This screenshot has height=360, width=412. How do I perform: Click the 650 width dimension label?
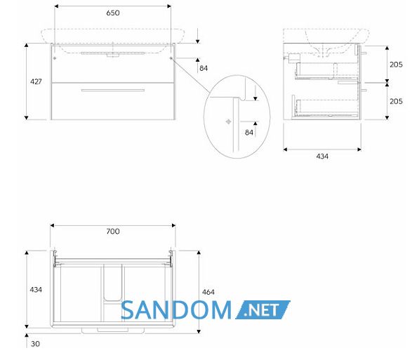[x=113, y=13]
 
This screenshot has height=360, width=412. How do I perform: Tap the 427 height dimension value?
[x=36, y=81]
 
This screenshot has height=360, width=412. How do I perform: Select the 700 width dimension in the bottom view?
[x=113, y=232]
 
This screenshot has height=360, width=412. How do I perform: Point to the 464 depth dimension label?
[x=208, y=292]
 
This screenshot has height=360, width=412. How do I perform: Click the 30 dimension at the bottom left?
[x=36, y=344]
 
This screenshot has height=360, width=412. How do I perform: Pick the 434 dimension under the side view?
[x=322, y=156]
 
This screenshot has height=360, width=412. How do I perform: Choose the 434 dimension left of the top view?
[x=36, y=290]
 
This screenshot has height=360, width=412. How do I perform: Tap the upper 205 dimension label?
[x=396, y=65]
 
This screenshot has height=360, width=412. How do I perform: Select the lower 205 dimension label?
[x=396, y=101]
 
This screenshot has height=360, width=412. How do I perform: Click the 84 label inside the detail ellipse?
[x=249, y=133]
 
